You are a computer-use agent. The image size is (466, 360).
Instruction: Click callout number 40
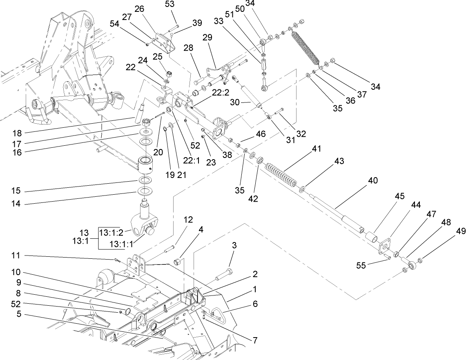[372, 180]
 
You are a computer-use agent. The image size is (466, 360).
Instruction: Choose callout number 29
[207, 37]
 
